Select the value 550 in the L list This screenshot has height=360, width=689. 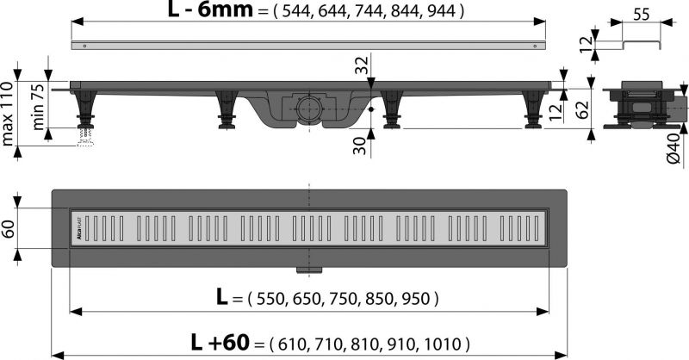pos(264,300)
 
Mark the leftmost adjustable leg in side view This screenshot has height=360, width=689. pos(84,110)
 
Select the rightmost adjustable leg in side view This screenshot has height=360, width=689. pos(534,110)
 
